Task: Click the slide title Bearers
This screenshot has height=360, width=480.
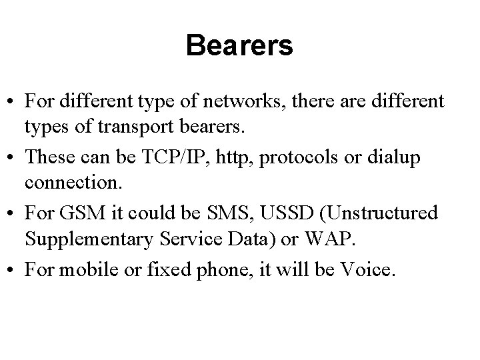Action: [239, 46]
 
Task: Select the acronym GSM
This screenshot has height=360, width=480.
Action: [78, 213]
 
